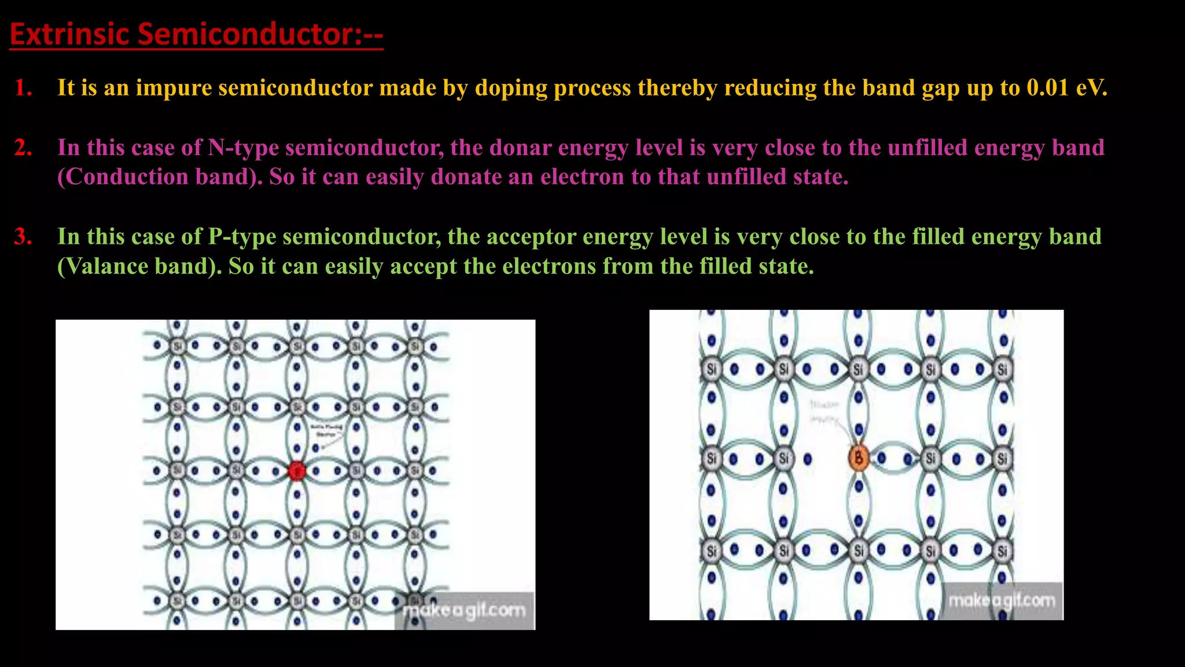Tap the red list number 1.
23,88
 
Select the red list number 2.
23,148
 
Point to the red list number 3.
23,237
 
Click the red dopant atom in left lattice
296,471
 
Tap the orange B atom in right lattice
859,458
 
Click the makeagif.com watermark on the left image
464,610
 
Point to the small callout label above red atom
326,430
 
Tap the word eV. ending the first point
1091,88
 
